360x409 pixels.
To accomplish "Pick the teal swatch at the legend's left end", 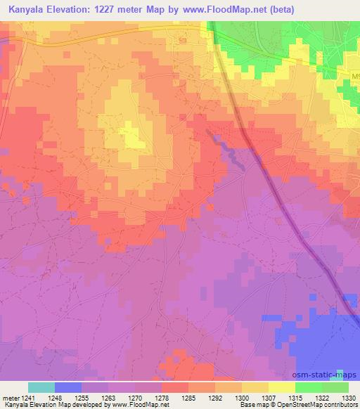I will (x=41, y=387).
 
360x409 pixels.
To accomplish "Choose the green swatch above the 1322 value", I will (x=308, y=387).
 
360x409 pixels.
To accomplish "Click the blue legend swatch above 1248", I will (x=68, y=387).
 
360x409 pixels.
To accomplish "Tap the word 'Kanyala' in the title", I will (x=22, y=10).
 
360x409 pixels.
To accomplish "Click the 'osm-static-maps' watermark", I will (x=330, y=375).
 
